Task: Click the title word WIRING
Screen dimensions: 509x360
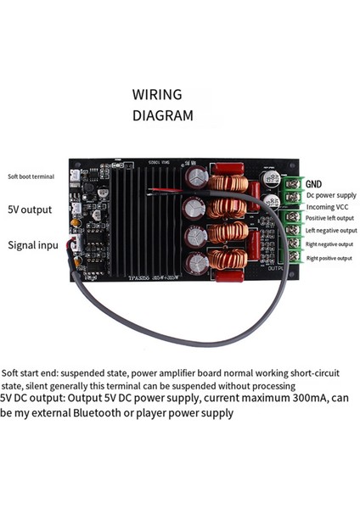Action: tap(160, 94)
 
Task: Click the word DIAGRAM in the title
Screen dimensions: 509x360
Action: tap(163, 115)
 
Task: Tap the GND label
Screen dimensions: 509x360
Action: tap(313, 183)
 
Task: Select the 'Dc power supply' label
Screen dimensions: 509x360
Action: tap(331, 194)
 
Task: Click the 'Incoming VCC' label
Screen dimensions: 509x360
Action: tap(327, 206)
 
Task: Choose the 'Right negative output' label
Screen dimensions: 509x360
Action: tap(334, 243)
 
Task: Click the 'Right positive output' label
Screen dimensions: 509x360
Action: tap(334, 256)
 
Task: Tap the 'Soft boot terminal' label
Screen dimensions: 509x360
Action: tap(31, 177)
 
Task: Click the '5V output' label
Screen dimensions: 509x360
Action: tap(30, 210)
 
